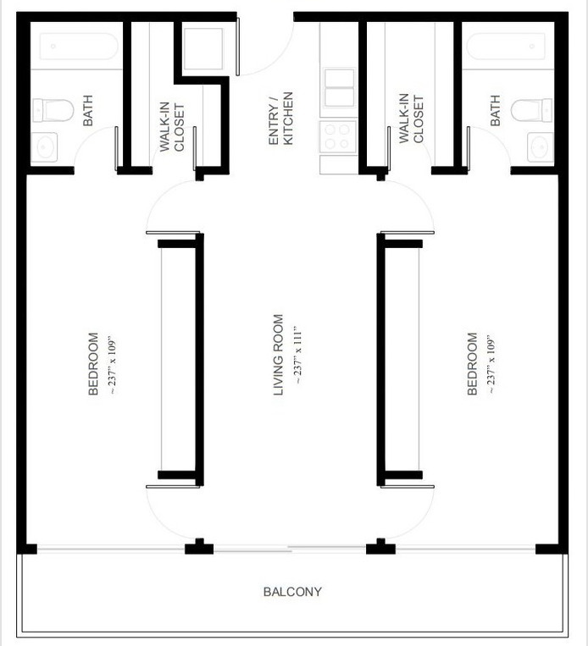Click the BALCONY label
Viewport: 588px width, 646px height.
click(292, 592)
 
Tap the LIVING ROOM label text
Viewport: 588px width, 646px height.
click(278, 356)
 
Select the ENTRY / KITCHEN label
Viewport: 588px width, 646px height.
click(280, 119)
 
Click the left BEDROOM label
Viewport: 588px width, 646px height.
click(93, 363)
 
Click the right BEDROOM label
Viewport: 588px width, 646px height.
click(472, 363)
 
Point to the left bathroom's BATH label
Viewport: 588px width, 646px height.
click(87, 110)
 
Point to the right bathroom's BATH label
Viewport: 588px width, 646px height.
click(495, 110)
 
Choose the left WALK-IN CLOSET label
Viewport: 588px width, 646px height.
click(172, 124)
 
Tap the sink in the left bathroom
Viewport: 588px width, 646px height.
click(45, 147)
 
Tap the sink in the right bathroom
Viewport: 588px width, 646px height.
click(540, 147)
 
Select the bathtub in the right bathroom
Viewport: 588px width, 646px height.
click(507, 46)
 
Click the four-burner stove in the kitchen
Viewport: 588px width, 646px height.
click(337, 136)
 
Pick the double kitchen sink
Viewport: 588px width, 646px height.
click(339, 87)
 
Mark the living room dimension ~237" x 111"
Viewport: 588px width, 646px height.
click(297, 356)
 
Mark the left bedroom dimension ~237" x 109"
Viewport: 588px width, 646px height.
click(111, 363)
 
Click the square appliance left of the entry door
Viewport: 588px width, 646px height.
click(204, 49)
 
